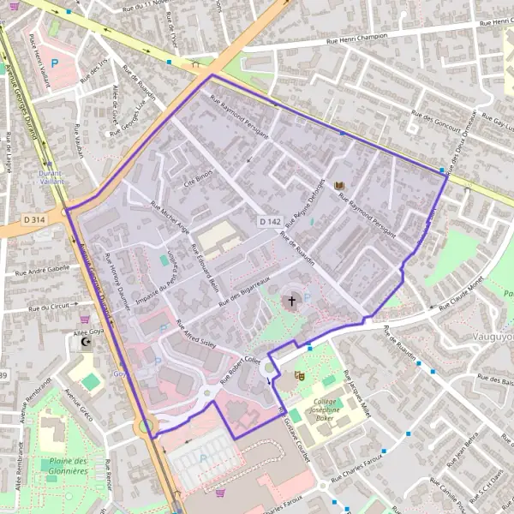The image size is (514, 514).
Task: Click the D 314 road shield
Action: tap(34, 220)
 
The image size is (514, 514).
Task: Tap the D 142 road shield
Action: tap(270, 222)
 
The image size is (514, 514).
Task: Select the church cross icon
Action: tap(291, 302)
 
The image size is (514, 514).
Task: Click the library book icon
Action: tap(340, 186)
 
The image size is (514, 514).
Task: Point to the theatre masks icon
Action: tap(299, 375)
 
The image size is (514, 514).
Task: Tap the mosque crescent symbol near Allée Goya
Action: tap(84, 343)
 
